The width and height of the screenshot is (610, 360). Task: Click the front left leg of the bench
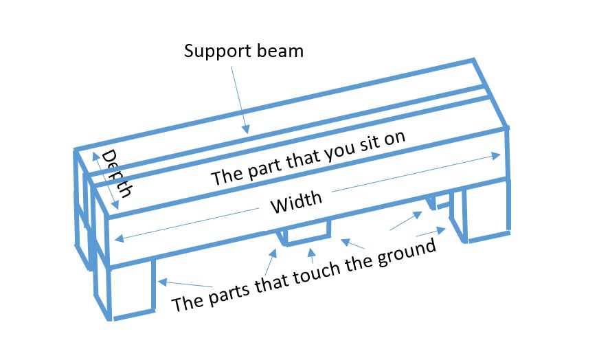(x=131, y=289)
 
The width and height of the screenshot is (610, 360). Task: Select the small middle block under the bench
(x=307, y=233)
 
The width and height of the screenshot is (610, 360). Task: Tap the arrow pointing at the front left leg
(x=185, y=283)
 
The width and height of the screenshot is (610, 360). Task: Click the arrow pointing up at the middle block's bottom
(x=313, y=256)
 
